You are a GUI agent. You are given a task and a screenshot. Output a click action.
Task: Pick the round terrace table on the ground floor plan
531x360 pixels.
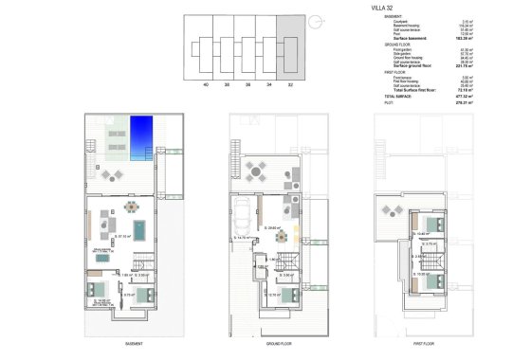(x=259, y=171)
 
